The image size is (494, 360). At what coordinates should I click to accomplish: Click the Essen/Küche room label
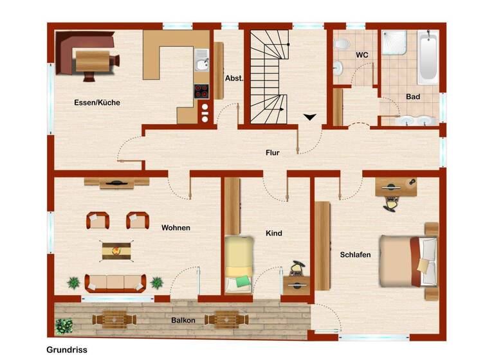[x=96, y=102]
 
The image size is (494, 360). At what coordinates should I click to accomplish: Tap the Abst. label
[x=233, y=78]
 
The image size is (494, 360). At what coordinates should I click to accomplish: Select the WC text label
[x=362, y=55]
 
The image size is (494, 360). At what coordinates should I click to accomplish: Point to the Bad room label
[x=413, y=96]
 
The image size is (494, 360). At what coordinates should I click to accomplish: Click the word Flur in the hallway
[x=273, y=152]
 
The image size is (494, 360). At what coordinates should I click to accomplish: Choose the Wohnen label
[x=176, y=228]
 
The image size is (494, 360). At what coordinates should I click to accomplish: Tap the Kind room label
[x=274, y=233]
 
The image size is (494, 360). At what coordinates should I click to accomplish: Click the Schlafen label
[x=355, y=255]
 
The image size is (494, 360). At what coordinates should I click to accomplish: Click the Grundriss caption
[x=67, y=350]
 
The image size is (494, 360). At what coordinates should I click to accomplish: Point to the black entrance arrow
[x=311, y=117]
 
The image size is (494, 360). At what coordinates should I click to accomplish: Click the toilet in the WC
[x=342, y=44]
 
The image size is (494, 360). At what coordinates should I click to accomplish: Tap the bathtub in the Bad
[x=428, y=58]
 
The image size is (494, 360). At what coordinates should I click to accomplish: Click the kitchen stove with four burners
[x=201, y=91]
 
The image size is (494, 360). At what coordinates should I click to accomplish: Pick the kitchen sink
[x=202, y=62]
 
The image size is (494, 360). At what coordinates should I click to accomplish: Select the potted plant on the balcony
[x=64, y=326]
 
